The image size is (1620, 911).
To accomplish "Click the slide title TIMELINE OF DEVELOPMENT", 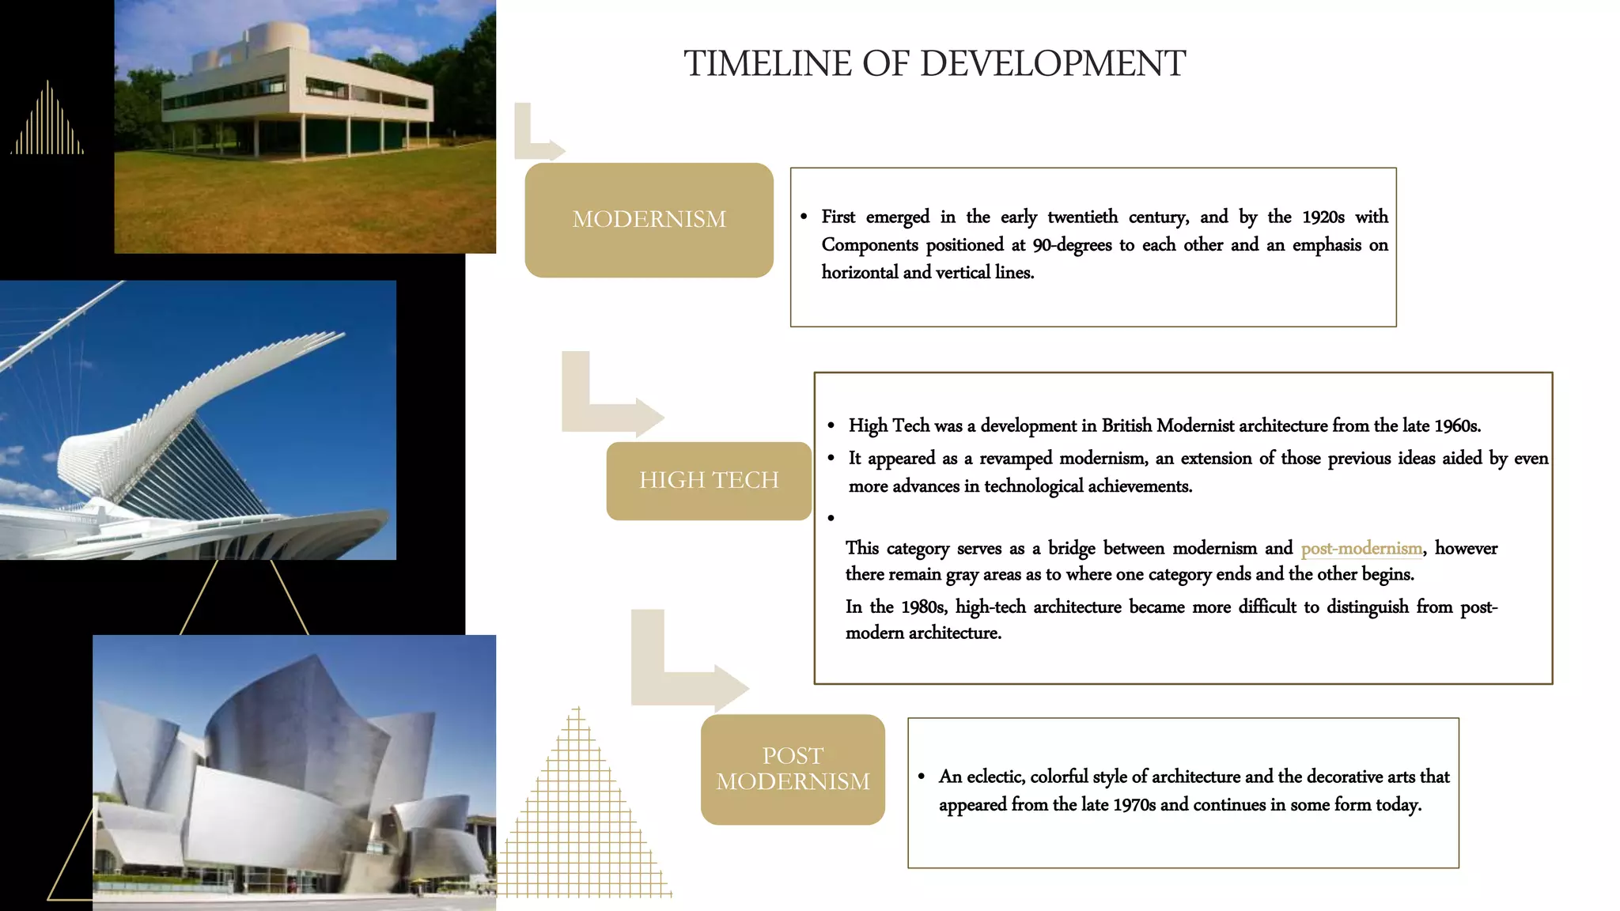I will (934, 63).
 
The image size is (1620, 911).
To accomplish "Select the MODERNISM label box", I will (649, 220).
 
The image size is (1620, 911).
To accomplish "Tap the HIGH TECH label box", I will (709, 480).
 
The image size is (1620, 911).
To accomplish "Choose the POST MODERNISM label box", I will (793, 769).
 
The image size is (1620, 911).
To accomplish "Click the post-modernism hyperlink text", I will (1361, 548).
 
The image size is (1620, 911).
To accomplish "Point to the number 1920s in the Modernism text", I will (1323, 217).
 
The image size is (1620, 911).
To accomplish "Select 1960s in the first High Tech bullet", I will (1456, 425).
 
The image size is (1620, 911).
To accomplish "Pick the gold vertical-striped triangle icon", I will (47, 123).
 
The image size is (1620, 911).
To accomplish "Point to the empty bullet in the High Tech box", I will (831, 519).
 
